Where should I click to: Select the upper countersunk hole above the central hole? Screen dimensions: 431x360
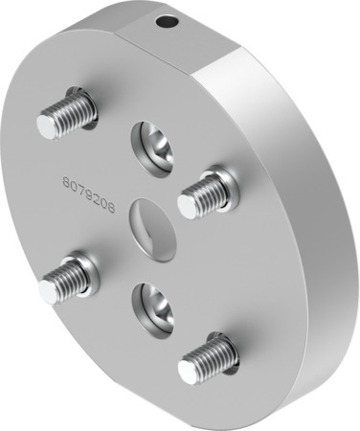pyautogui.click(x=154, y=144)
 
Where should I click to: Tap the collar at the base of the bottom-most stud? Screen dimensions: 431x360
pyautogui.click(x=219, y=344)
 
